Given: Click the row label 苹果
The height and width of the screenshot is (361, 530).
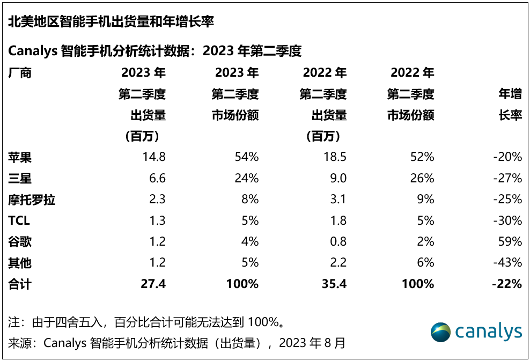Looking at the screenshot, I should pyautogui.click(x=20, y=157).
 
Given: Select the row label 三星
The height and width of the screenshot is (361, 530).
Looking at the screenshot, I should pyautogui.click(x=20, y=178).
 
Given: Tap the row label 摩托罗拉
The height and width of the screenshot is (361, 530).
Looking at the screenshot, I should pyautogui.click(x=32, y=200).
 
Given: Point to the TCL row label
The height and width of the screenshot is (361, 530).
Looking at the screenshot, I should pyautogui.click(x=19, y=220).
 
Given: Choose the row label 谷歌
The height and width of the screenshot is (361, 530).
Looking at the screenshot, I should pyautogui.click(x=20, y=242).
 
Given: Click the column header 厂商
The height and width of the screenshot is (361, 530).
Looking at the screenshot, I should pyautogui.click(x=20, y=73).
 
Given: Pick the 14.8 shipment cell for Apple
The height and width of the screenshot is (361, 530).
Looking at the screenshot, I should pyautogui.click(x=154, y=157).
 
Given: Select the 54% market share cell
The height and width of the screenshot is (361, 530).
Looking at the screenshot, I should pyautogui.click(x=247, y=157).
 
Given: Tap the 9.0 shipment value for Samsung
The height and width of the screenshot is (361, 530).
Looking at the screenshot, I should pyautogui.click(x=338, y=178).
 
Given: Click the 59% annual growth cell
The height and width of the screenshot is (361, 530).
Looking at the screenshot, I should pyautogui.click(x=511, y=242).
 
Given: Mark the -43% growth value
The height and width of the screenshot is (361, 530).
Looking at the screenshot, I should pyautogui.click(x=508, y=263).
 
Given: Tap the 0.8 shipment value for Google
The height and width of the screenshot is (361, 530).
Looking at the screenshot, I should pyautogui.click(x=338, y=242).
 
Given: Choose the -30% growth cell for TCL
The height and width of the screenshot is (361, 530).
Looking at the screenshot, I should pyautogui.click(x=508, y=220).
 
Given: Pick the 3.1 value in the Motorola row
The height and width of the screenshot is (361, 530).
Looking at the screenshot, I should pyautogui.click(x=338, y=200).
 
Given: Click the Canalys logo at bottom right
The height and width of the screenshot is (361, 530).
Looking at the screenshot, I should pyautogui.click(x=476, y=332).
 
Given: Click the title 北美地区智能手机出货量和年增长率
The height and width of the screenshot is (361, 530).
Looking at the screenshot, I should pyautogui.click(x=111, y=22).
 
